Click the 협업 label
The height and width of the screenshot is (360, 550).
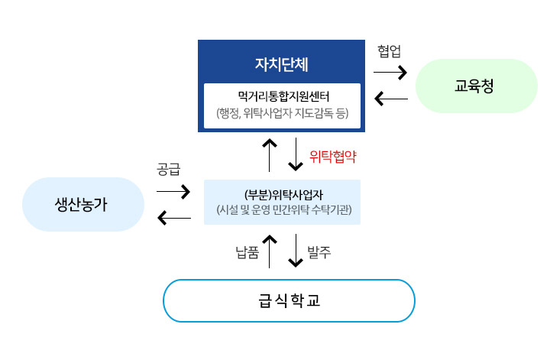point(389,51)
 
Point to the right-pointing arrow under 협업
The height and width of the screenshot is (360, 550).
point(390,73)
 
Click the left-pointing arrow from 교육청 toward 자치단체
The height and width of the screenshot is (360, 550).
point(390,99)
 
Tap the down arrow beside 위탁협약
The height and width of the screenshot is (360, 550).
point(296,155)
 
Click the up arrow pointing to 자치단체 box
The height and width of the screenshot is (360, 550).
point(269,155)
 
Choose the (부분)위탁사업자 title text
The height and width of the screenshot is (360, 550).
point(282,193)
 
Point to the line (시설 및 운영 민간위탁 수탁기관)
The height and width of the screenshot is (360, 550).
point(282,209)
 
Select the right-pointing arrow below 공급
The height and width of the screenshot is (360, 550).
point(173,191)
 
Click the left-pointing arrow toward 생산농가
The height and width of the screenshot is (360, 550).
point(173,220)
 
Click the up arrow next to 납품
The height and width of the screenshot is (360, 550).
point(269,251)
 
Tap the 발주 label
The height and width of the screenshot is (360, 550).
point(319,252)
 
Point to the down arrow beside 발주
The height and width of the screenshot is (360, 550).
point(296,251)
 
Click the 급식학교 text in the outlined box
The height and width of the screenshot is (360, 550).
point(289,300)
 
